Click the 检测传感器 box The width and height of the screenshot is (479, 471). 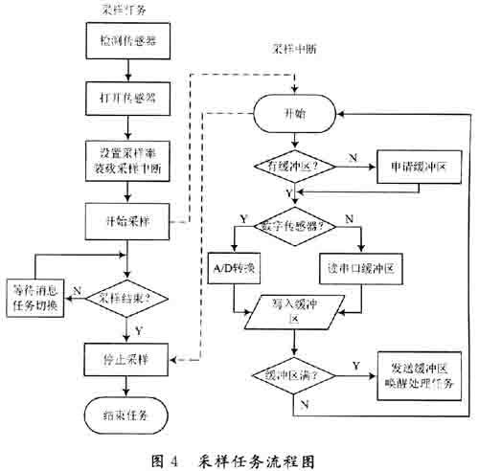click(129, 42)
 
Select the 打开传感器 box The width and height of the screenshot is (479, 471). click(129, 99)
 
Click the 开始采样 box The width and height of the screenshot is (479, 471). click(129, 219)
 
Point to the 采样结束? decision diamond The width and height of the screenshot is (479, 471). click(129, 297)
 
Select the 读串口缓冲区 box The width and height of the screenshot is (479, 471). click(358, 268)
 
